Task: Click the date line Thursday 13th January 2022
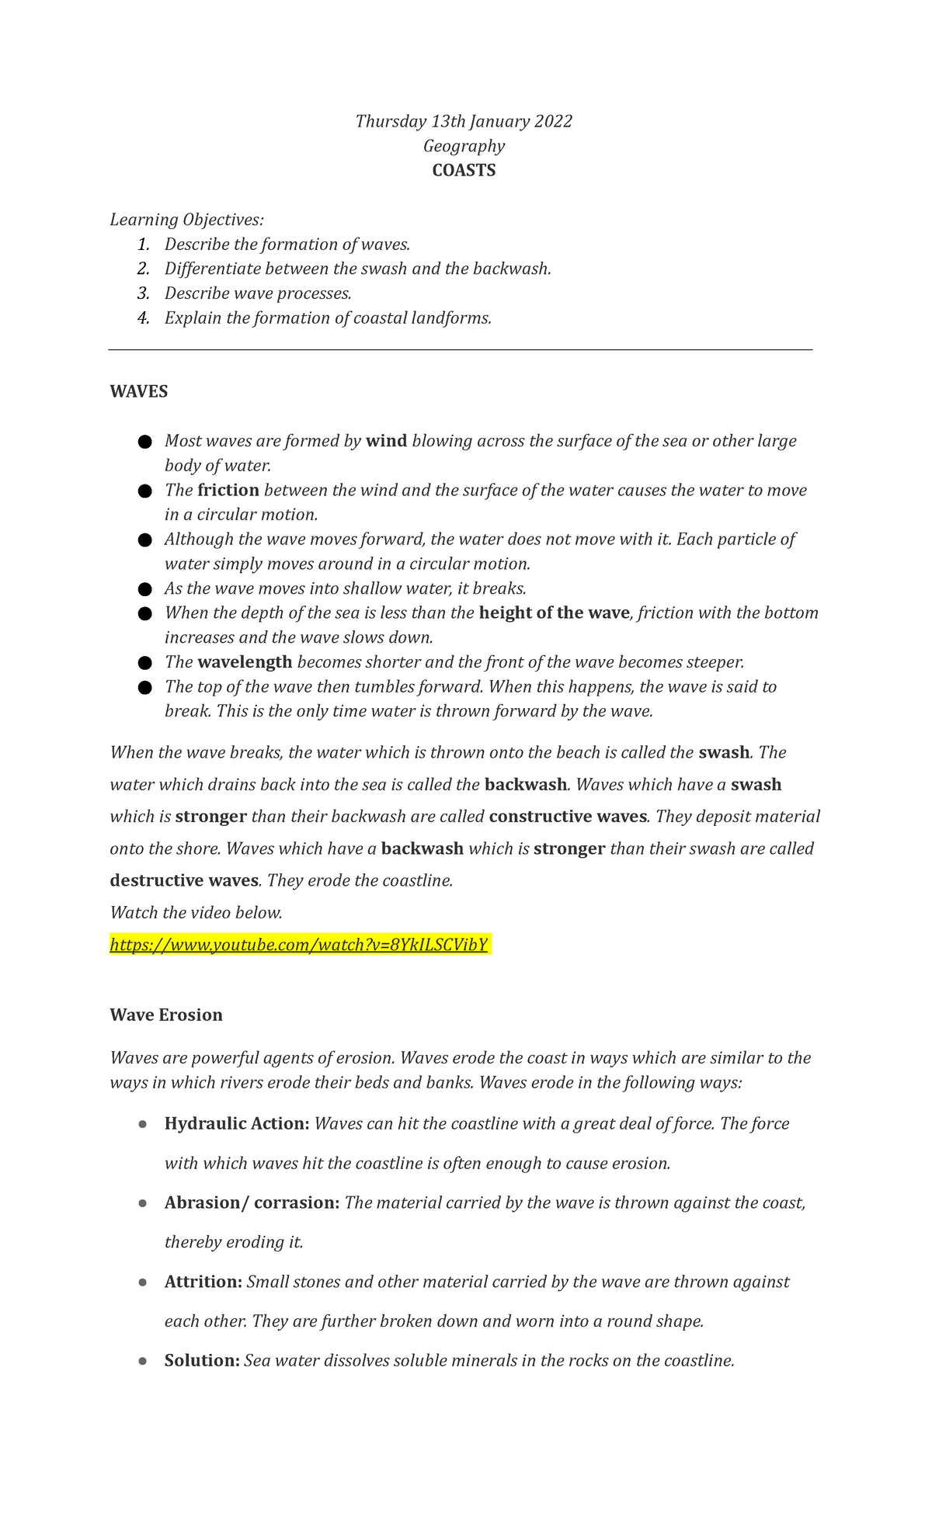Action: (x=464, y=121)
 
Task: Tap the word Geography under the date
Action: (x=464, y=146)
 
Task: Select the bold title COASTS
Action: (x=464, y=171)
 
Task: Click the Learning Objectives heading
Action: (x=186, y=220)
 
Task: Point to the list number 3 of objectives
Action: (x=143, y=293)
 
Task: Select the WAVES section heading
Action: (x=139, y=391)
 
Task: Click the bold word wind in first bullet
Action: (x=386, y=441)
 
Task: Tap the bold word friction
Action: (x=228, y=490)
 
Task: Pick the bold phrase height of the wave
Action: (x=554, y=613)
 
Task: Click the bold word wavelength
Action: (x=245, y=662)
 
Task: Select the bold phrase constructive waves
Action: (x=568, y=816)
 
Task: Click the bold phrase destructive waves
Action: (x=184, y=880)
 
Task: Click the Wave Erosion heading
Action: (x=166, y=1015)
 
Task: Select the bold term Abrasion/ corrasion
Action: (x=252, y=1203)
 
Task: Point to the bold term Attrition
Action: (x=203, y=1282)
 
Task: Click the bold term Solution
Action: (x=202, y=1360)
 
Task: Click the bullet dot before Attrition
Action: (x=142, y=1282)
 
